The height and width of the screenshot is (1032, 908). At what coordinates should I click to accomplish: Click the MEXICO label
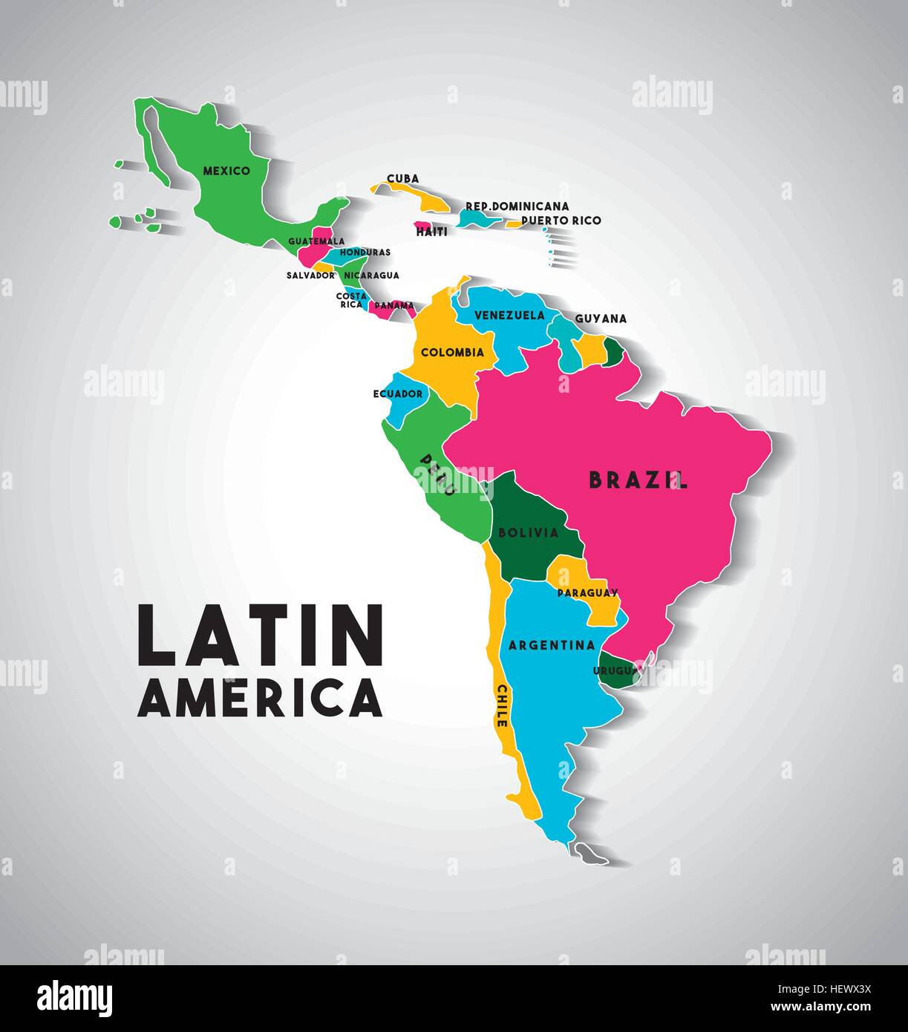pyautogui.click(x=226, y=171)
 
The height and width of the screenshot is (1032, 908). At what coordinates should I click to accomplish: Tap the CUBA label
pyautogui.click(x=402, y=179)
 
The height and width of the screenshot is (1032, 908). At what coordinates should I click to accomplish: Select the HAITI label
pyautogui.click(x=431, y=232)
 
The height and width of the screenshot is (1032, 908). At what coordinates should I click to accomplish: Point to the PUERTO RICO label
pyautogui.click(x=561, y=221)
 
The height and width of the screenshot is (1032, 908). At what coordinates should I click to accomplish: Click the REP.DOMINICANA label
pyautogui.click(x=517, y=206)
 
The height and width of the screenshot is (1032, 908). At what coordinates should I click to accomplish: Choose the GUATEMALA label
pyautogui.click(x=316, y=241)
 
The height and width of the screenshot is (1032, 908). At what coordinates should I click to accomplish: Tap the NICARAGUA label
pyautogui.click(x=371, y=275)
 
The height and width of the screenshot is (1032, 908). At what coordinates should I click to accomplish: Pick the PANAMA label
pyautogui.click(x=394, y=305)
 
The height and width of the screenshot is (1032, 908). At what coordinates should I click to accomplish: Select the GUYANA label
pyautogui.click(x=601, y=319)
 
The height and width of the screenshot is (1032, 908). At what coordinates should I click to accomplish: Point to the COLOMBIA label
pyautogui.click(x=452, y=353)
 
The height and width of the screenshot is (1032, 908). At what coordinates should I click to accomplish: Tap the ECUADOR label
pyautogui.click(x=397, y=393)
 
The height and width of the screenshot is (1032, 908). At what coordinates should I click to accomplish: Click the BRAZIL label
pyautogui.click(x=638, y=480)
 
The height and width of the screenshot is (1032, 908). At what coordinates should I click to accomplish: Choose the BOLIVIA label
pyautogui.click(x=528, y=532)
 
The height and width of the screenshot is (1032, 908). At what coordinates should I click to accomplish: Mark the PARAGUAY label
pyautogui.click(x=587, y=592)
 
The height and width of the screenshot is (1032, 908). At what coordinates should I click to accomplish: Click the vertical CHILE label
pyautogui.click(x=502, y=705)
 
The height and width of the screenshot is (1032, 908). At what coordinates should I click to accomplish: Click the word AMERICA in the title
pyautogui.click(x=260, y=699)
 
